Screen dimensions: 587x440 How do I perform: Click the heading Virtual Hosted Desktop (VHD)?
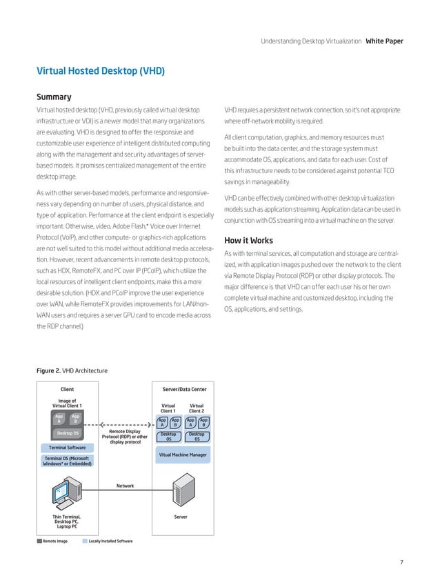point(100,70)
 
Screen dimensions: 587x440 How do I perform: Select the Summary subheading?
point(54,97)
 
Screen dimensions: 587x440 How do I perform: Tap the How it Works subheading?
point(248,241)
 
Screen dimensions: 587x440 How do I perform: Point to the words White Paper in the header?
point(384,41)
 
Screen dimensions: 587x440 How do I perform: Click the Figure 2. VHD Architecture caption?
point(71,371)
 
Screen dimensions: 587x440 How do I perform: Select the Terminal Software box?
point(67,448)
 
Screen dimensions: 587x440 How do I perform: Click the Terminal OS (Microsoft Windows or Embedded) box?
point(67,460)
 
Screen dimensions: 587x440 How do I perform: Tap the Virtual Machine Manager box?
point(183,455)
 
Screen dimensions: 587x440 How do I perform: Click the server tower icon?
point(183,490)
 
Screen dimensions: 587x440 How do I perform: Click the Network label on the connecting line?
point(125,486)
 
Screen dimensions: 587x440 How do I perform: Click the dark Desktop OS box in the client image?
point(67,433)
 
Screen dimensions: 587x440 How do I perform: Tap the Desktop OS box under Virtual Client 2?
point(197,437)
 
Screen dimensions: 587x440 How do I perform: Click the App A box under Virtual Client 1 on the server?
point(162,422)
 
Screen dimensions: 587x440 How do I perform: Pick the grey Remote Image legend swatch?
point(39,541)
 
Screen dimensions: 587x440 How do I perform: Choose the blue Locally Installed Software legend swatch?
point(85,541)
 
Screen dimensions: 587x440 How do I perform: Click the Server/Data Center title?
point(183,390)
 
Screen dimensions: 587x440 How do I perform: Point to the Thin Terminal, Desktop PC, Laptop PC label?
point(67,521)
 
